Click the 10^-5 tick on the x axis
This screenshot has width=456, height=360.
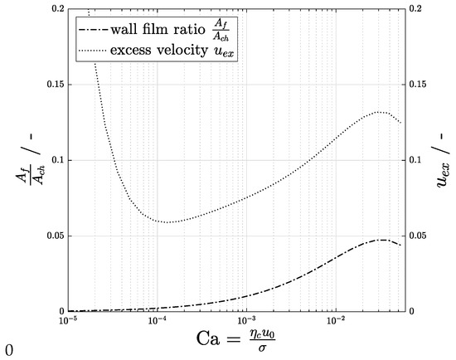click(66, 320)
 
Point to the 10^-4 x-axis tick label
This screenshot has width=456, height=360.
click(156, 320)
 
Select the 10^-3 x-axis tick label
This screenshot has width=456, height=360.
click(245, 320)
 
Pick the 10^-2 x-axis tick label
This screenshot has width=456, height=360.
click(335, 320)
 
